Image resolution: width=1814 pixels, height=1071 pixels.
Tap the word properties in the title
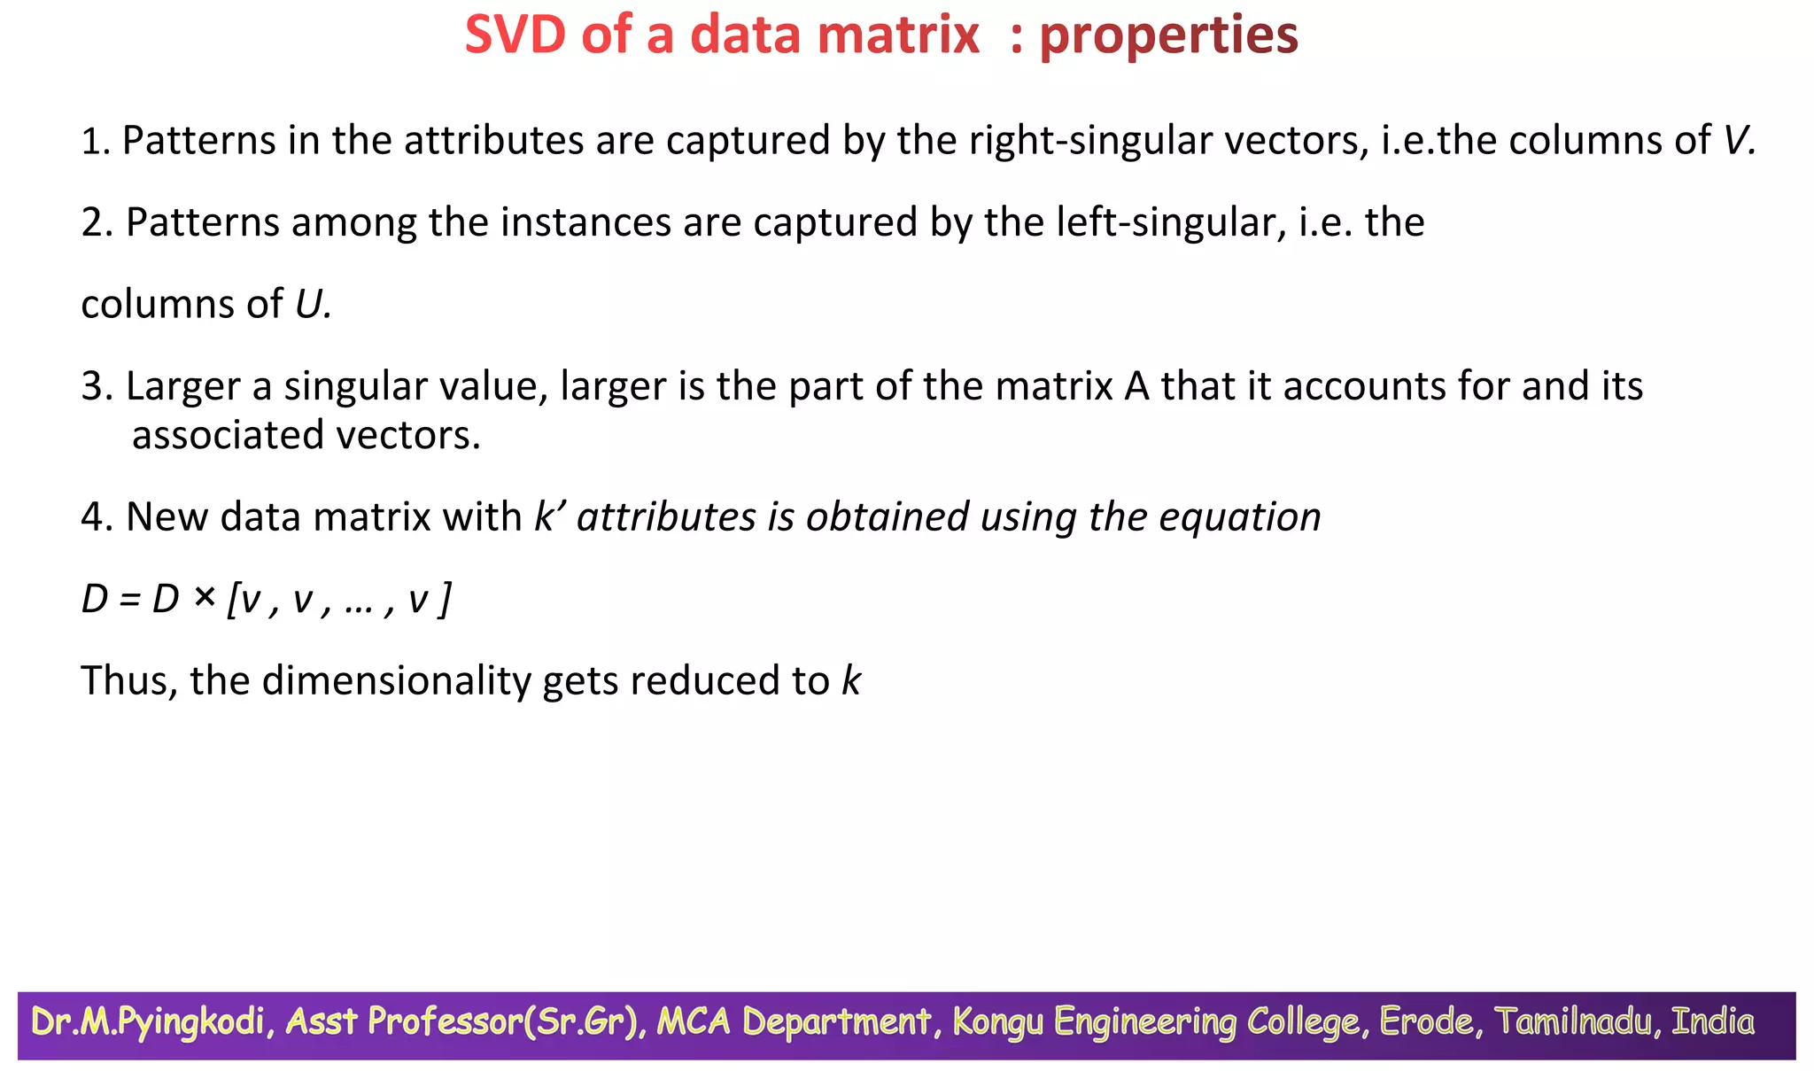1168,37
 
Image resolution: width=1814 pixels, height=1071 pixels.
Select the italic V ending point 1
1737,141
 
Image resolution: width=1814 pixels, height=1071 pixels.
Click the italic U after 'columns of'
310,305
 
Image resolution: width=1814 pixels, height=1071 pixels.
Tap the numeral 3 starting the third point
92,387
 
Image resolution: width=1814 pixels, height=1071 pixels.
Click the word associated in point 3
228,435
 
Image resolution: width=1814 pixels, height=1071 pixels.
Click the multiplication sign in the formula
205,599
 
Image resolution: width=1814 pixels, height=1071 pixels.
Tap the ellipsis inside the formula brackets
358,602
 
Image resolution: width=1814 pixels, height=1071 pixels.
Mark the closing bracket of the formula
446,600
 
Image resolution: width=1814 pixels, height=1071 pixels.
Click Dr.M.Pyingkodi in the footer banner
148,1022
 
